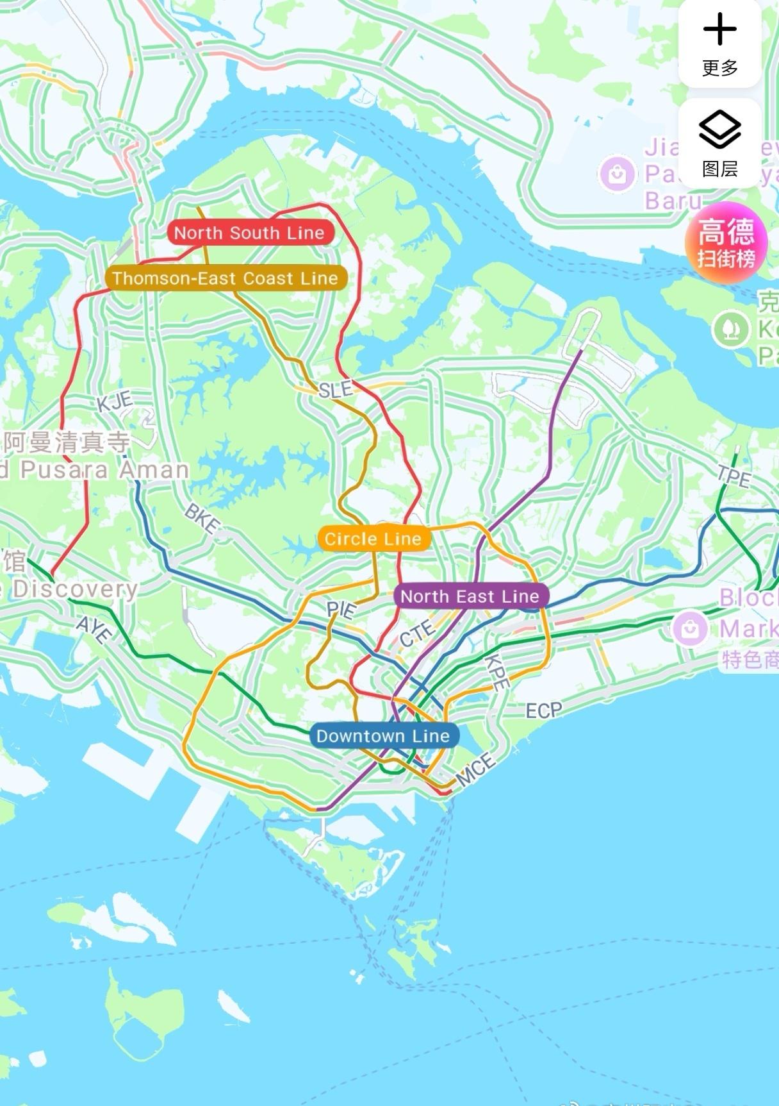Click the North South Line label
(250, 233)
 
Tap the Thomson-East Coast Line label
(225, 278)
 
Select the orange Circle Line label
(373, 539)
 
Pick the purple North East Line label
(470, 596)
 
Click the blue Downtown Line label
(383, 735)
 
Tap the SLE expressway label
(335, 389)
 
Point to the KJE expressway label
(115, 402)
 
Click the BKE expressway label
(202, 518)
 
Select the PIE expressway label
(341, 609)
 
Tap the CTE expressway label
(416, 633)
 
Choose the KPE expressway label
(496, 671)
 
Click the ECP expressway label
(543, 710)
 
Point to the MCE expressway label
(475, 769)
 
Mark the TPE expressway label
(734, 476)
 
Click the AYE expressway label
(94, 630)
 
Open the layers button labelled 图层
(719, 143)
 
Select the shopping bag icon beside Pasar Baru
(617, 174)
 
